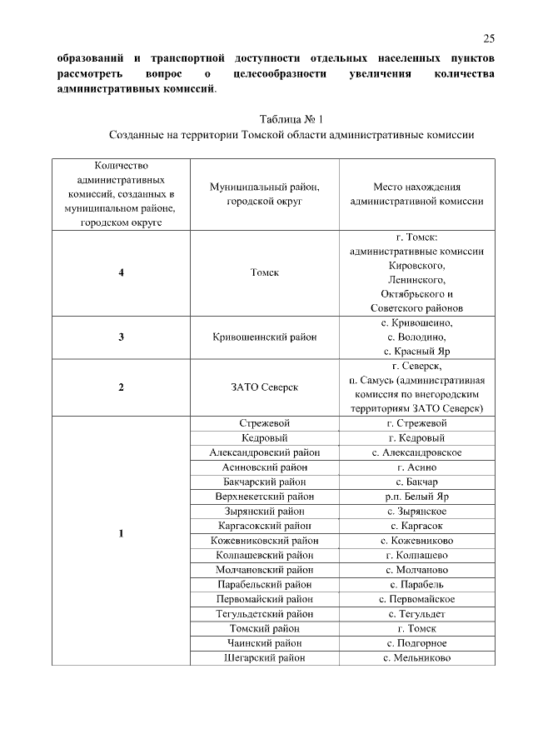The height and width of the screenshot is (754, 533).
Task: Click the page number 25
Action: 489,38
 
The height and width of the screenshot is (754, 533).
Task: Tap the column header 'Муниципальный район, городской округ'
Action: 264,193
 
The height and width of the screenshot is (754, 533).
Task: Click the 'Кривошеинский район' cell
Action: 264,337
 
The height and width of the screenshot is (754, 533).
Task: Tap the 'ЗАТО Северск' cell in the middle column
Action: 264,387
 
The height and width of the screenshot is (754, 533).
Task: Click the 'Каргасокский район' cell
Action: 264,526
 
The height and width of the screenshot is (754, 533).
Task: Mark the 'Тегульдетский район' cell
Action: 264,613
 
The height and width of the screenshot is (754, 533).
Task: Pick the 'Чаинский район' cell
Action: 264,642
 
